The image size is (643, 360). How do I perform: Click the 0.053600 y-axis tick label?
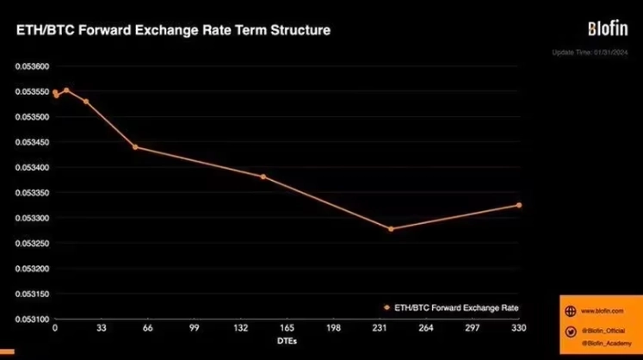(x=28, y=66)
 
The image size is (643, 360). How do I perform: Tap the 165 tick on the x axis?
(x=287, y=328)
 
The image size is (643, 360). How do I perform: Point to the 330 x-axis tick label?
(x=519, y=328)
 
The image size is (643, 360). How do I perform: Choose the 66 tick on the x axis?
(x=148, y=328)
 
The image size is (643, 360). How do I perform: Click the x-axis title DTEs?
(x=287, y=341)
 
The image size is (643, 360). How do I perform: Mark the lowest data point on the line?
(x=391, y=229)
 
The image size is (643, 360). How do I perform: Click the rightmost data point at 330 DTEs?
(x=519, y=205)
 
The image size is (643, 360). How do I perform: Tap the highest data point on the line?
(x=66, y=90)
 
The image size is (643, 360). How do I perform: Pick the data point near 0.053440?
(x=135, y=147)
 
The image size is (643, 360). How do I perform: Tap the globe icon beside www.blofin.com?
(x=568, y=311)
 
